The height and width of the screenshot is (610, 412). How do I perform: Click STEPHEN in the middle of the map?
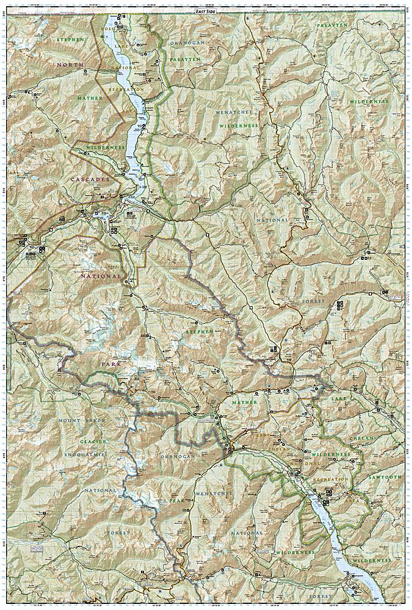200,331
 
